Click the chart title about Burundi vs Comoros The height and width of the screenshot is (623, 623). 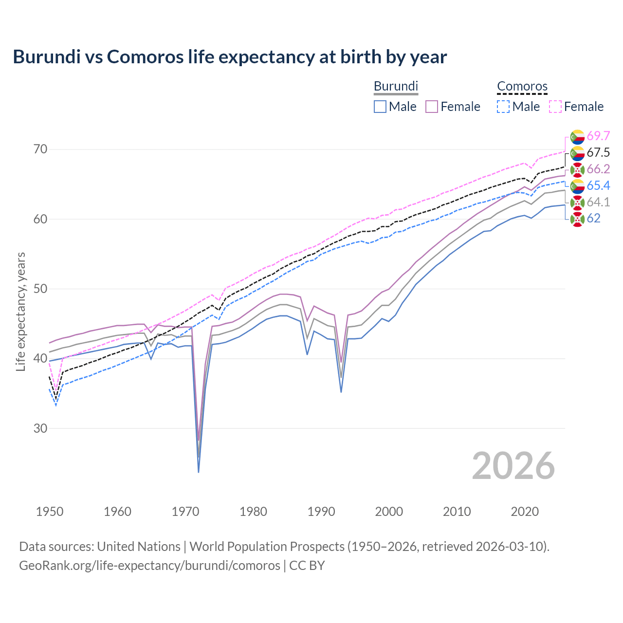click(x=230, y=57)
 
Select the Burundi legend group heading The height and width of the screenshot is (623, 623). click(x=396, y=86)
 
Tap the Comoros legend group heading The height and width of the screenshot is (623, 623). click(x=522, y=86)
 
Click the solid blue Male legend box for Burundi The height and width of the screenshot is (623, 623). click(x=380, y=107)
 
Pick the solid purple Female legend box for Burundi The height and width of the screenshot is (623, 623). click(x=432, y=107)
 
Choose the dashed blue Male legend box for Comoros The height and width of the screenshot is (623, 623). click(x=503, y=107)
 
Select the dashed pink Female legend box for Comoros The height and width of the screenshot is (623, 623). click(x=555, y=107)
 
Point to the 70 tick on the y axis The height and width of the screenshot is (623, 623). click(x=40, y=149)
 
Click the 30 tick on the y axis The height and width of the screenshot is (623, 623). click(x=40, y=428)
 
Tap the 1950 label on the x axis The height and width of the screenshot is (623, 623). click(x=50, y=512)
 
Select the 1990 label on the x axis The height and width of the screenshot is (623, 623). click(x=321, y=512)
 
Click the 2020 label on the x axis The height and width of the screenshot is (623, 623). click(x=525, y=512)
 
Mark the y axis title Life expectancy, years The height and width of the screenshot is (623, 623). click(x=20, y=311)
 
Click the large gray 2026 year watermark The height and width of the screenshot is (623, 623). click(x=513, y=466)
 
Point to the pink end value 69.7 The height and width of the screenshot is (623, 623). click(x=598, y=136)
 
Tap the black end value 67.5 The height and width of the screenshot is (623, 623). click(x=598, y=152)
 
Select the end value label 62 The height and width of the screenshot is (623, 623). click(x=593, y=218)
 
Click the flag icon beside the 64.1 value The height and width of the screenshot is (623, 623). click(x=577, y=202)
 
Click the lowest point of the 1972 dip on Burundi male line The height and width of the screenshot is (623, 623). click(x=199, y=472)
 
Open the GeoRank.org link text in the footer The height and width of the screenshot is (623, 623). click(x=149, y=566)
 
